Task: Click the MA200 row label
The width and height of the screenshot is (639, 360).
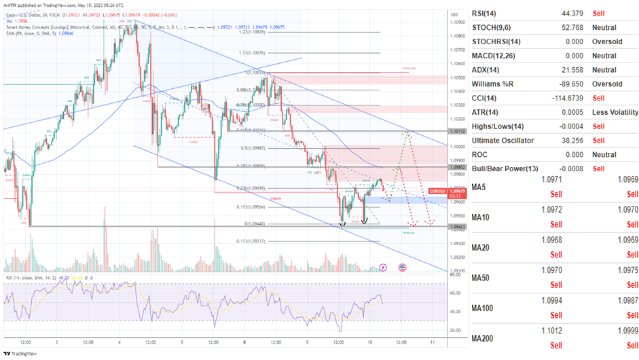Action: point(485,338)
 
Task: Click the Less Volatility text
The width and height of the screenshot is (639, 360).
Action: point(615,112)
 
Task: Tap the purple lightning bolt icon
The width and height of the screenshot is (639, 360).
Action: point(384,268)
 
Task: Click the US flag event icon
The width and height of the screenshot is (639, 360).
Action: point(403,268)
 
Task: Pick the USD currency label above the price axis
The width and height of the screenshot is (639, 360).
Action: point(454,14)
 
